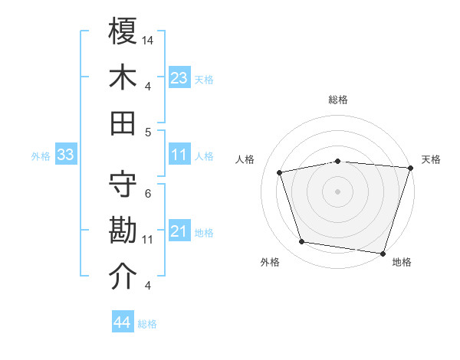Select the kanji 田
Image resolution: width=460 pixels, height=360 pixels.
pyautogui.click(x=123, y=123)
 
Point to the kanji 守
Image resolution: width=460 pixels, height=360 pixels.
pyautogui.click(x=123, y=185)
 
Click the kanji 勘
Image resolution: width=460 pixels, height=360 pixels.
pyautogui.click(x=123, y=231)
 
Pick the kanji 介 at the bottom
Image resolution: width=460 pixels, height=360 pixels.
pyautogui.click(x=123, y=277)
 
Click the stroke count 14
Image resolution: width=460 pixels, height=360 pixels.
pyautogui.click(x=148, y=40)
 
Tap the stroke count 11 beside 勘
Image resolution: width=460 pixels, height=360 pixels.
pyautogui.click(x=148, y=240)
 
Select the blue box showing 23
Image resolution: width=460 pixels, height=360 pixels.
pyautogui.click(x=179, y=77)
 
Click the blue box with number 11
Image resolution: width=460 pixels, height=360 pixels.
pyautogui.click(x=179, y=155)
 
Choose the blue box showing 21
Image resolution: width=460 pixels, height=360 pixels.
pyautogui.click(x=179, y=231)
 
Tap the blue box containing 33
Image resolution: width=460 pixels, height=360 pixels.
pyautogui.click(x=65, y=155)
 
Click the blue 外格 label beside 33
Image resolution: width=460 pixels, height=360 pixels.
pyautogui.click(x=41, y=156)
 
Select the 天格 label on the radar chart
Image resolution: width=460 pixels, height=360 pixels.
pyautogui.click(x=431, y=159)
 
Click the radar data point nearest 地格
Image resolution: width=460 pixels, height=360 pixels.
pyautogui.click(x=383, y=253)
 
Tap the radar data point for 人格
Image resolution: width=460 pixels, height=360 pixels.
pyautogui.click(x=281, y=172)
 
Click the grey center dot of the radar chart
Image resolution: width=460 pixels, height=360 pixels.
pyautogui.click(x=337, y=191)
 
